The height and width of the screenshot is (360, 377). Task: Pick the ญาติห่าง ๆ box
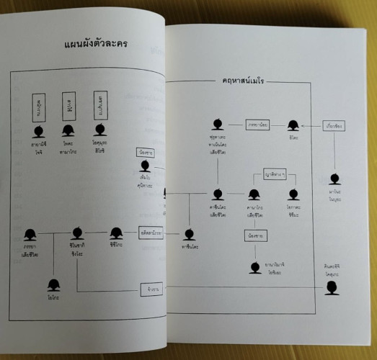pos(275,173)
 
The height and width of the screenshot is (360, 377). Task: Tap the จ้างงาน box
pos(150,289)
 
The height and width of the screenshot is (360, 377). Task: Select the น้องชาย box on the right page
pos(254,234)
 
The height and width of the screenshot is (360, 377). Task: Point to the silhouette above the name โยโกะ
pos(53,284)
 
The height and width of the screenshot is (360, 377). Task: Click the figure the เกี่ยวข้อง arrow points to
pos(293,125)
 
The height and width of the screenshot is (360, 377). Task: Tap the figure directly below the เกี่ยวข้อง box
pos(334,178)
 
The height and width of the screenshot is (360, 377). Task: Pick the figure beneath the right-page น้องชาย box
pos(254,267)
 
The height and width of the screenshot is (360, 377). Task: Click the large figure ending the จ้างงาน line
pos(331,288)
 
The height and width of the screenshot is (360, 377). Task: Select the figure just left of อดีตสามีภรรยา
pos(116,233)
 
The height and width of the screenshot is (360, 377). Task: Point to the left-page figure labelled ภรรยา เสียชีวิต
pos(30,234)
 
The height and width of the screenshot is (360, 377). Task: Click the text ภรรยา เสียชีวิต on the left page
pos(30,252)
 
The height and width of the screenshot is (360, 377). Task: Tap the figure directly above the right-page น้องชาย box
pos(254,194)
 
